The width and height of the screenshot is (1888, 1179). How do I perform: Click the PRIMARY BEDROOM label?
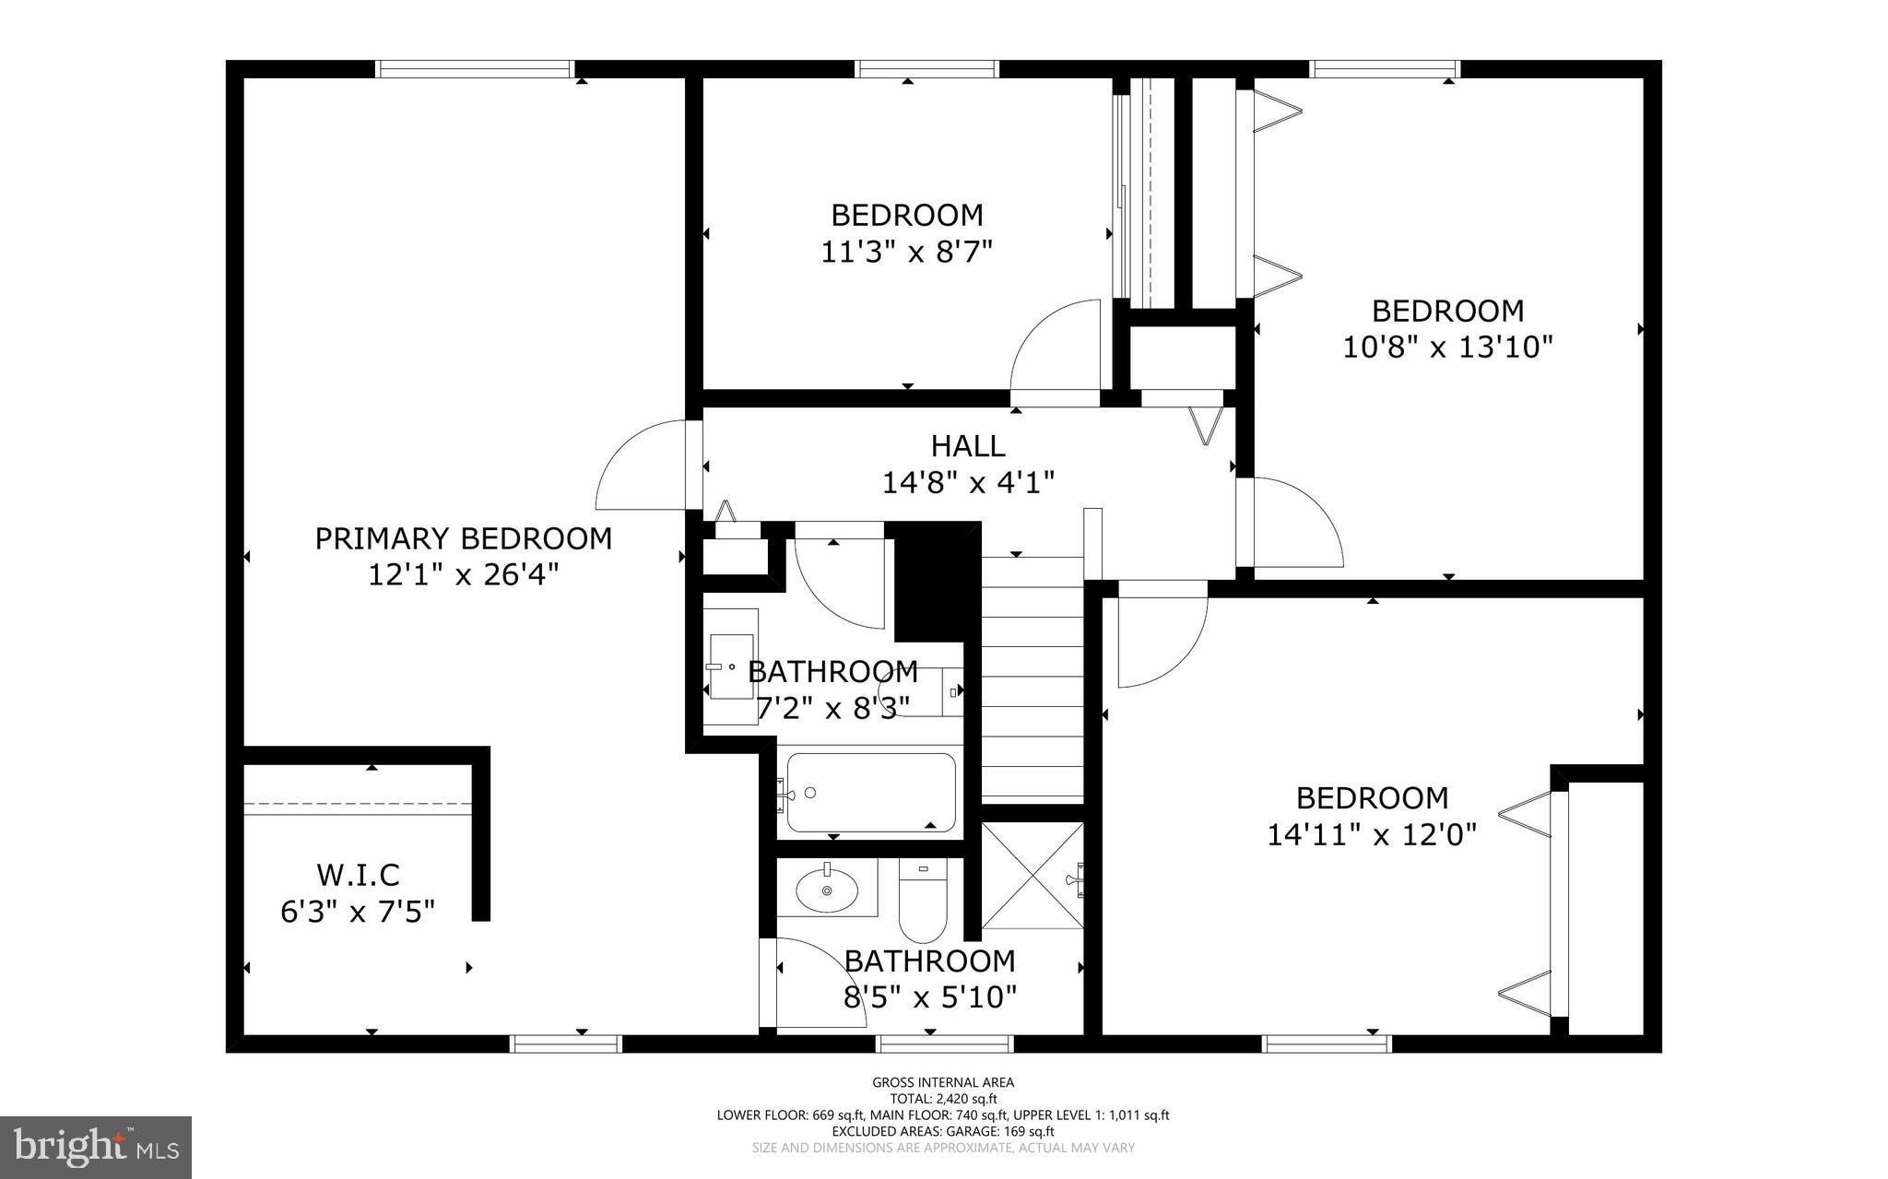[463, 538]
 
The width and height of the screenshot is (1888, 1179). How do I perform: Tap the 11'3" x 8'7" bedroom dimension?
[906, 252]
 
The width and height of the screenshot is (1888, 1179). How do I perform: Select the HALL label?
[967, 446]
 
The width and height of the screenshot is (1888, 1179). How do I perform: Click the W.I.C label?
[358, 875]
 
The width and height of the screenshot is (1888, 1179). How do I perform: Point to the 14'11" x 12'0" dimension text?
[1372, 835]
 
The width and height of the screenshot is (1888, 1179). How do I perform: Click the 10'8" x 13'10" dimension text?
[1447, 348]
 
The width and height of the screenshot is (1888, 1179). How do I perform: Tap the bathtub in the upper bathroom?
[870, 793]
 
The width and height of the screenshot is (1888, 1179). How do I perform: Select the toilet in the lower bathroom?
[923, 899]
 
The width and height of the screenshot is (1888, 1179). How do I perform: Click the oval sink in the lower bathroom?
[826, 889]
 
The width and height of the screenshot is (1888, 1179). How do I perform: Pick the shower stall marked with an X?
[1032, 876]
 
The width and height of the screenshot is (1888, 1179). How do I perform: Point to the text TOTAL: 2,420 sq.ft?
[943, 1099]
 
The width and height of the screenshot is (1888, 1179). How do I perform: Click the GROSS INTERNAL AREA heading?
[943, 1083]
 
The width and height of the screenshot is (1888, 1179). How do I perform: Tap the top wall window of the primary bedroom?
[475, 69]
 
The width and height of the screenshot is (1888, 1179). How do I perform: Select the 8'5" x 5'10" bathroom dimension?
[930, 997]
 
